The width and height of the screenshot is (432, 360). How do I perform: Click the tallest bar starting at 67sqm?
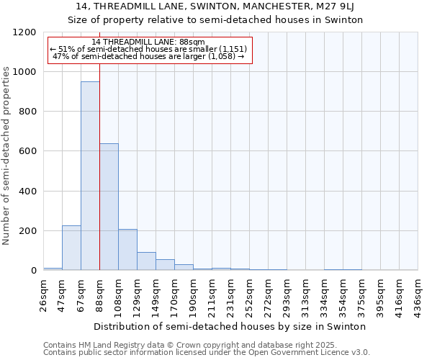90,176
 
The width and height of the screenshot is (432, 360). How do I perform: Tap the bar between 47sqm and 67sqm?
71,248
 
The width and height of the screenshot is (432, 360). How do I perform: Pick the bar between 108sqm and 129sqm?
127,249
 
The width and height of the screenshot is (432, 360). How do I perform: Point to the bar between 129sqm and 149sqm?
146,261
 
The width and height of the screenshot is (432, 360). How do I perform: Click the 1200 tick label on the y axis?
24,32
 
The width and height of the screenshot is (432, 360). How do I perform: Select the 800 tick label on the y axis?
27,112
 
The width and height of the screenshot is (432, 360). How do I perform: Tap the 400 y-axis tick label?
27,192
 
